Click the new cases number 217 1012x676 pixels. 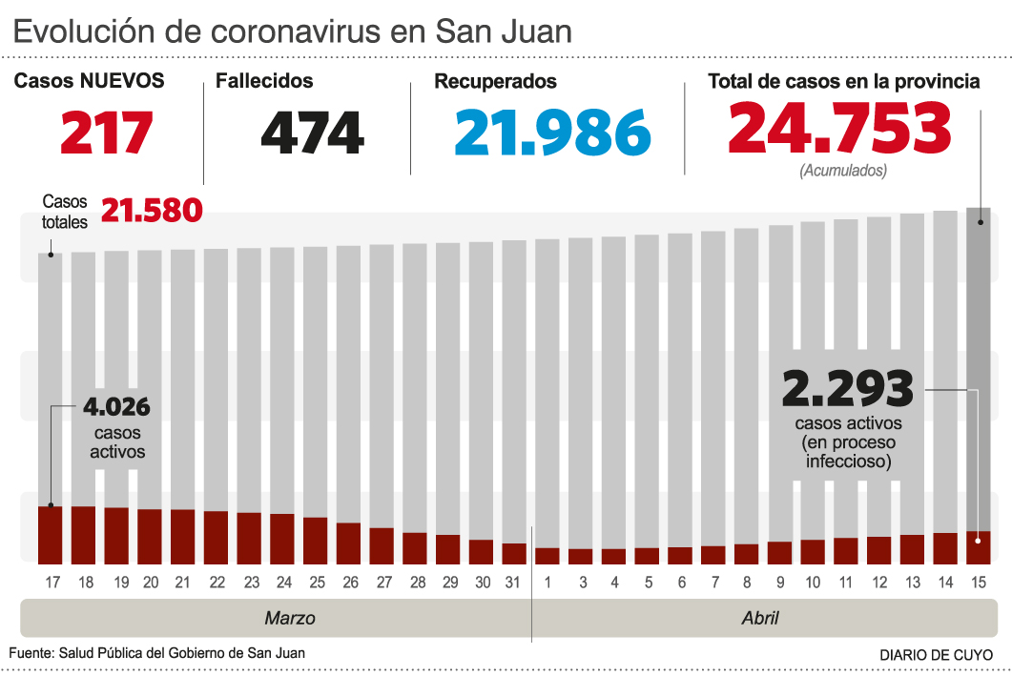click(107, 133)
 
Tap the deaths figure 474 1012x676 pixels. click(312, 133)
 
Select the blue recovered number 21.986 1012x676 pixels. click(552, 133)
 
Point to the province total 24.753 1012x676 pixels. click(839, 129)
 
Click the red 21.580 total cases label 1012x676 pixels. click(152, 210)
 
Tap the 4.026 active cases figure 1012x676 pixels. click(116, 408)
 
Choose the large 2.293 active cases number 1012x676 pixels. click(847, 388)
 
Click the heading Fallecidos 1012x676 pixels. click(264, 81)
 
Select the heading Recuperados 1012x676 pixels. click(495, 82)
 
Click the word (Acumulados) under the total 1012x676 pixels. click(842, 171)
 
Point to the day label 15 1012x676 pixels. click(978, 582)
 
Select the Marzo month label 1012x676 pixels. click(289, 618)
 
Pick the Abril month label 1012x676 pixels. click(760, 618)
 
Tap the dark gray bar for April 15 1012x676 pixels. click(978, 362)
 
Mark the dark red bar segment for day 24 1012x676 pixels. click(282, 539)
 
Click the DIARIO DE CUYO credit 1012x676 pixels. click(935, 655)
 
